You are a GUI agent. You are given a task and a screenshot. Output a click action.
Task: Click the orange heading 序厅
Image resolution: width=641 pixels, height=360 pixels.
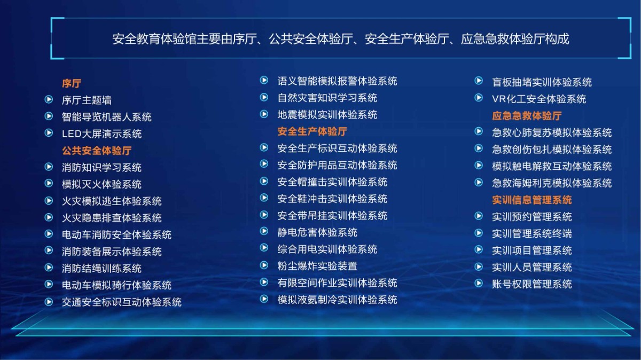72,83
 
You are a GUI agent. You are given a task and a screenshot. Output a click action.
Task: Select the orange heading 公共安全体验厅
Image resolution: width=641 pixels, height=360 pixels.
97,151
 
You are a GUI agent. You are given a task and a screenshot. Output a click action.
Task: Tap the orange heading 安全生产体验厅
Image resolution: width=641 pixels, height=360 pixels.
312,131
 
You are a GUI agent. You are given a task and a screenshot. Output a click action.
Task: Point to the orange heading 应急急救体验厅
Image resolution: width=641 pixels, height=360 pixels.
527,116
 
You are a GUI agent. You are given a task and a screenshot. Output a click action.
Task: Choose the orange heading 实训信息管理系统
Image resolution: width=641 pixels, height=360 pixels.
532,200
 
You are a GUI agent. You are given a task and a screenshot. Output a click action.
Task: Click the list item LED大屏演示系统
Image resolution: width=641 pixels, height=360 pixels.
101,134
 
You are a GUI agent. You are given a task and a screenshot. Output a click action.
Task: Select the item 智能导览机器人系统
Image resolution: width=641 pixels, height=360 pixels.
106,117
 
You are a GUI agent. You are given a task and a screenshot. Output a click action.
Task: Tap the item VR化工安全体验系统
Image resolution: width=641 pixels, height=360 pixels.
539,99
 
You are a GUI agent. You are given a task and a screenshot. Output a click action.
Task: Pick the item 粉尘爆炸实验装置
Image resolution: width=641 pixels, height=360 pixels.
317,266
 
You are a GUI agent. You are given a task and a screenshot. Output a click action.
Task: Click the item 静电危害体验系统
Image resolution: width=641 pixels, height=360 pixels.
317,232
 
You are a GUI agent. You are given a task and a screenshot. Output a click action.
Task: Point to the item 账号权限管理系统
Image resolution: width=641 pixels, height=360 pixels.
532,284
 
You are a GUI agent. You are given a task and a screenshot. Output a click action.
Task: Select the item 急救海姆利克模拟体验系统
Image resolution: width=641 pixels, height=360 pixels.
552,183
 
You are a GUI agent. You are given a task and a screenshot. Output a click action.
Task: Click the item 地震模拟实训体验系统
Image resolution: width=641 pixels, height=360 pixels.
327,115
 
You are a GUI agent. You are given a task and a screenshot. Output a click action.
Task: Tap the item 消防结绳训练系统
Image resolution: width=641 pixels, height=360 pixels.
101,269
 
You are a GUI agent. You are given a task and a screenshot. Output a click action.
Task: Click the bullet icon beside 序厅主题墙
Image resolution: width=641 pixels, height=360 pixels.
49,99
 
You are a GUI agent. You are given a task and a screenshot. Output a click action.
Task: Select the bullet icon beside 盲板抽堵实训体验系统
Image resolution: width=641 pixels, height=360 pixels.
479,81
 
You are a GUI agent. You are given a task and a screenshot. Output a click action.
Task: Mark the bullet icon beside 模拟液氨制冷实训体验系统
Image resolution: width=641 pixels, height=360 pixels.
264,299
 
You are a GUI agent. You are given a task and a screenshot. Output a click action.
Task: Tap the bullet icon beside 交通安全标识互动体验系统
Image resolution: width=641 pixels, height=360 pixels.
49,302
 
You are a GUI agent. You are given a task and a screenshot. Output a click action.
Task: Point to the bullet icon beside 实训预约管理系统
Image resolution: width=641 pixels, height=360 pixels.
479,216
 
